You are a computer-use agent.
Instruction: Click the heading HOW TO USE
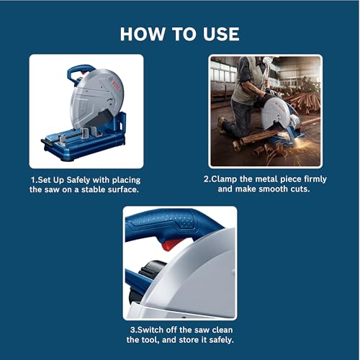tap(180, 34)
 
